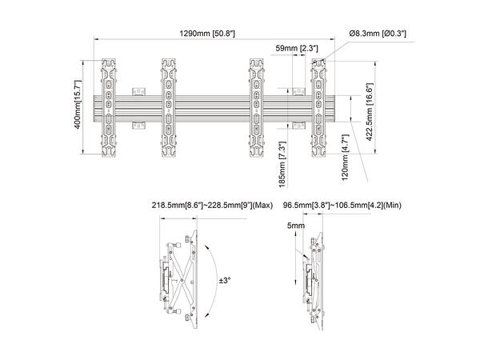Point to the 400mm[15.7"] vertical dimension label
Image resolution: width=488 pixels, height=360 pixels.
tap(78, 107)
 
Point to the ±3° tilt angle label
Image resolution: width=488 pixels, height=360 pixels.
tap(226, 281)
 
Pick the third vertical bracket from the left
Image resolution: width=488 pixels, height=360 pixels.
tap(257, 107)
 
